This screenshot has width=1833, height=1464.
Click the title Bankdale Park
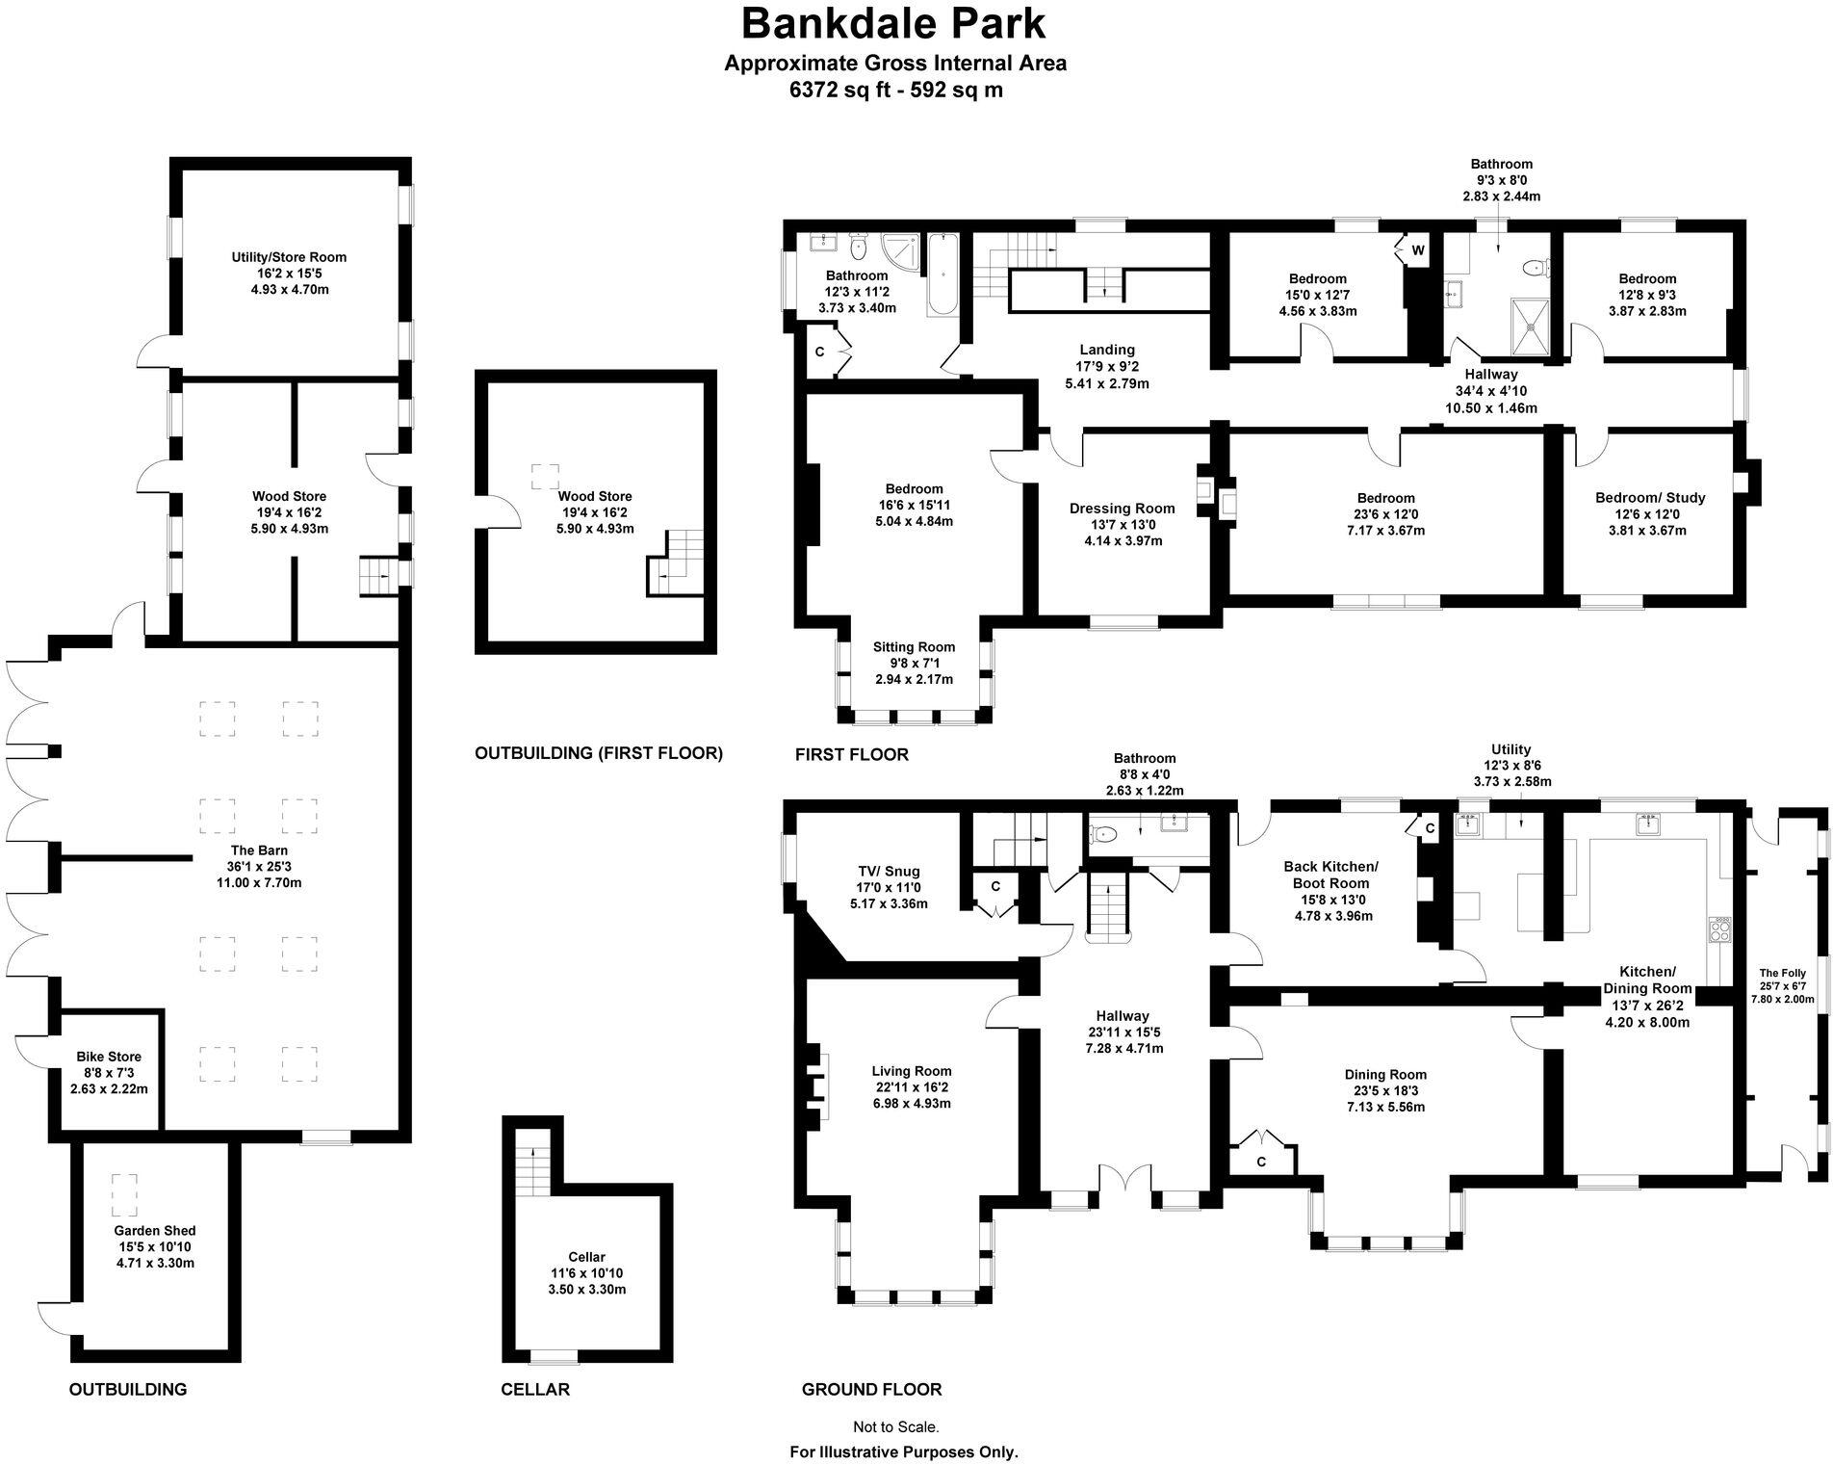click(894, 23)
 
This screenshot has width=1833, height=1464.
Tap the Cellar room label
click(586, 1257)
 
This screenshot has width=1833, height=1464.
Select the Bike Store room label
click(109, 1057)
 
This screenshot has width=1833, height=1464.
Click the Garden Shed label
click(155, 1230)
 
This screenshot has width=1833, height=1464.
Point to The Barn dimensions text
click(259, 875)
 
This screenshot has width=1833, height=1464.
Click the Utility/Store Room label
click(289, 257)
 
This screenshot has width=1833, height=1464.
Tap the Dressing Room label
click(1123, 509)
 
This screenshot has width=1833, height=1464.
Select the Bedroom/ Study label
click(1650, 498)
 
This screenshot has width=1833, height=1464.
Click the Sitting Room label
click(914, 647)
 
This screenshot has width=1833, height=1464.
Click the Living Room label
click(912, 1071)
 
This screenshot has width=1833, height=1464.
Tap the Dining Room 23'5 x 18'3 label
click(1385, 1083)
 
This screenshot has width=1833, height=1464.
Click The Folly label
click(1783, 973)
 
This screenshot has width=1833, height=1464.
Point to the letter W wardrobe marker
click(1418, 250)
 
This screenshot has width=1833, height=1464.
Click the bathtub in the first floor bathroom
click(942, 274)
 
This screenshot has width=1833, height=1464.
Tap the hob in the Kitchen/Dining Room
click(1719, 928)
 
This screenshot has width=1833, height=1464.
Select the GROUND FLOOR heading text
click(871, 1389)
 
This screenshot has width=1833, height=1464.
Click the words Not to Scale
click(895, 1427)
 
